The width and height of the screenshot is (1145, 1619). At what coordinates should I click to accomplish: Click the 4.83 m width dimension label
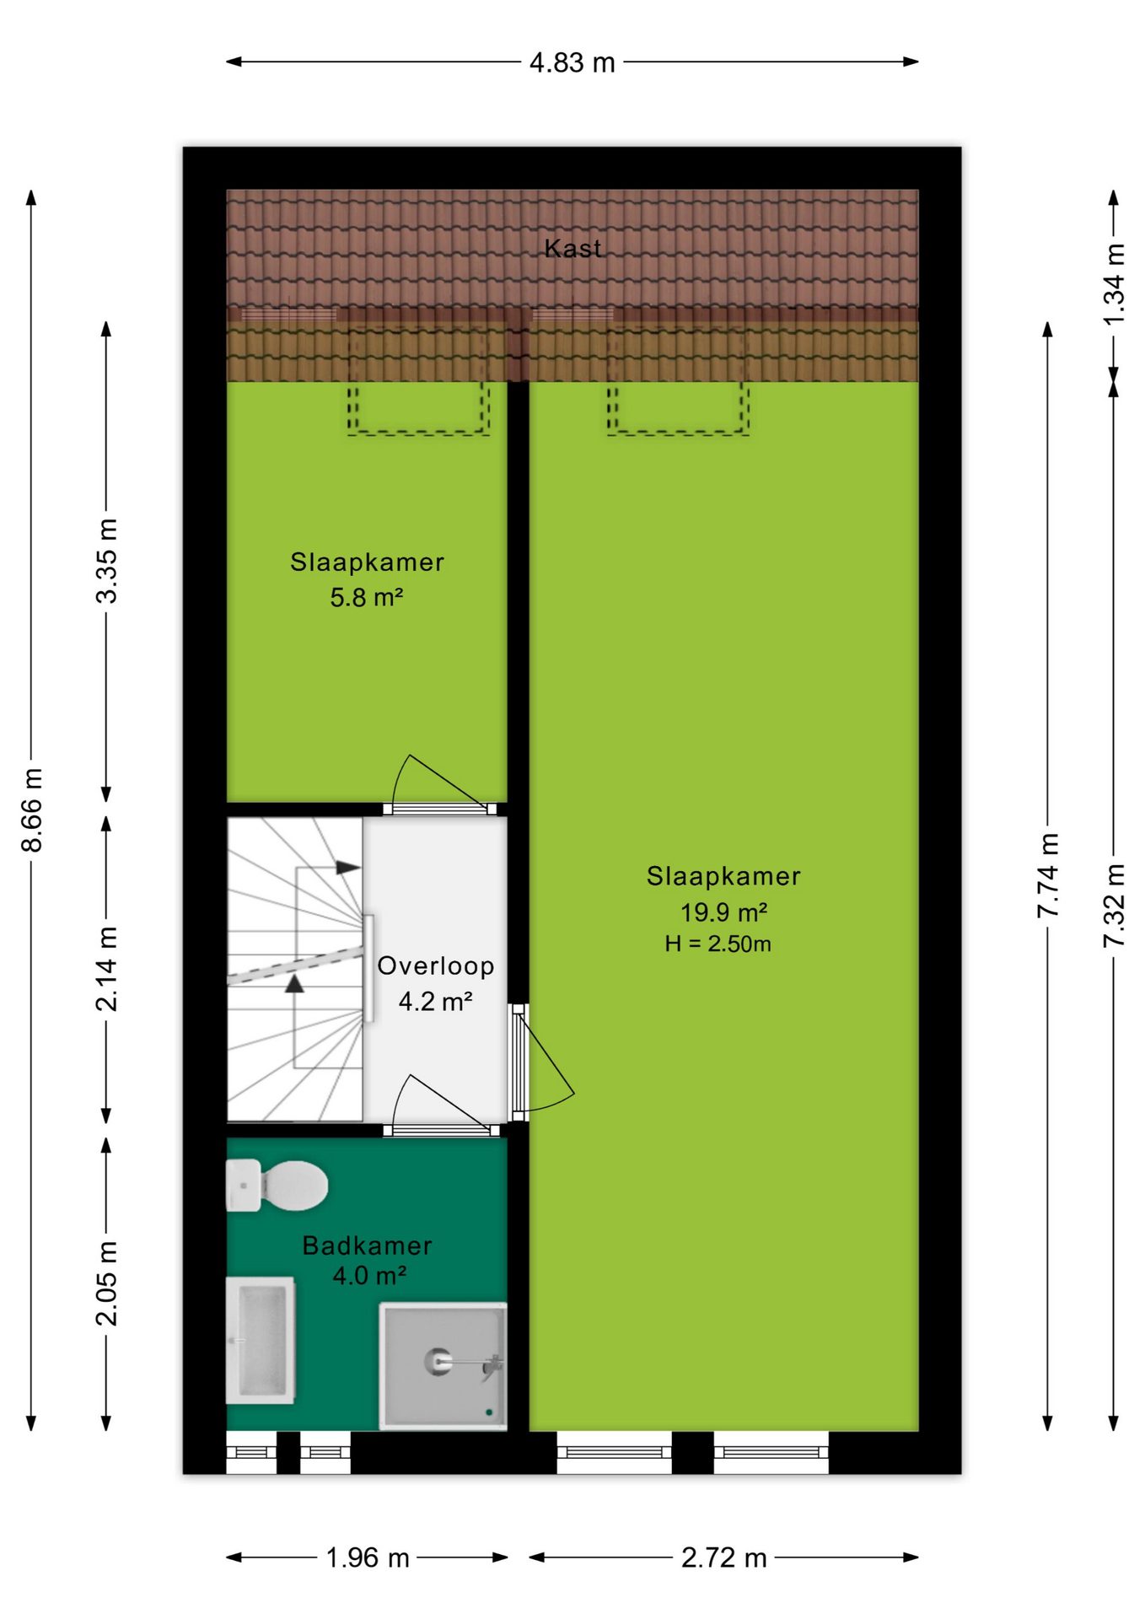(x=572, y=62)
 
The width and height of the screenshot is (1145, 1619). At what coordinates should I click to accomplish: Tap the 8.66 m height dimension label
(x=32, y=809)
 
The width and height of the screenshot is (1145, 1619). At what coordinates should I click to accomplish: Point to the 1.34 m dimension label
(x=1114, y=284)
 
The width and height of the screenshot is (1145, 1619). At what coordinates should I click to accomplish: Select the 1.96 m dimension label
(x=367, y=1557)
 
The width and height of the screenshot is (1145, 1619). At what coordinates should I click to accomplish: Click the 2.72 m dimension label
(x=723, y=1557)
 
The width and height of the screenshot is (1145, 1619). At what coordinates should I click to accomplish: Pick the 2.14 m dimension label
(x=107, y=969)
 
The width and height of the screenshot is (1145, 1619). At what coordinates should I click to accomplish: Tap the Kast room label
(x=572, y=248)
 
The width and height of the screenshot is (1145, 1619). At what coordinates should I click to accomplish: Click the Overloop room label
(x=435, y=965)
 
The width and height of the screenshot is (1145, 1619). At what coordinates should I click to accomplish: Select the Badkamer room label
(x=367, y=1245)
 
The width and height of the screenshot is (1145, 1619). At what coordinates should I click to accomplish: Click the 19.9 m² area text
(x=723, y=912)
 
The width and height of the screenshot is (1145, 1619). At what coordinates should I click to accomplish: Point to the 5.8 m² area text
(x=366, y=597)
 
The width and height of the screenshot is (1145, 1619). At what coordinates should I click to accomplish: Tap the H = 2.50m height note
(x=718, y=944)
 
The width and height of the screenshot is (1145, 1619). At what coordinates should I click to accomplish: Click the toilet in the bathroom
(x=277, y=1185)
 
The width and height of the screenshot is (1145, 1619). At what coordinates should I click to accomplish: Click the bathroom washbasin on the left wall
(x=261, y=1340)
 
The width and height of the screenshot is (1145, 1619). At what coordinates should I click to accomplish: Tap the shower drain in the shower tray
(x=438, y=1361)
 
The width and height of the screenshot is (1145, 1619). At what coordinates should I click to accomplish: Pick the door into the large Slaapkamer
(x=543, y=1061)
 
